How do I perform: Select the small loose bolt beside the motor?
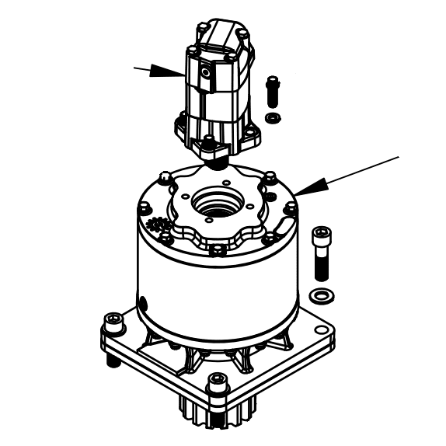pyautogui.click(x=272, y=90)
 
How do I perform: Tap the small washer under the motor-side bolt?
pyautogui.click(x=273, y=117)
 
